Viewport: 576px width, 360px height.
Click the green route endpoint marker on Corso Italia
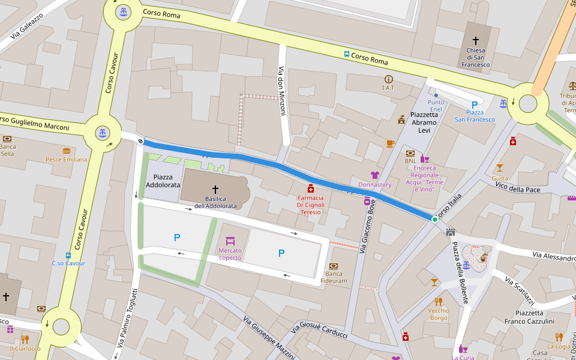click(x=435, y=220)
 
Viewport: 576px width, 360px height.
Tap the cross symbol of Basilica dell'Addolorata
click(x=215, y=190)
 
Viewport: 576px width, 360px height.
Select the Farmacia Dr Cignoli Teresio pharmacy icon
click(x=311, y=188)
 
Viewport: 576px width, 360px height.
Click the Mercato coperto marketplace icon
click(x=230, y=241)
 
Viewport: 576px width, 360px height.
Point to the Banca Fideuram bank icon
click(x=334, y=266)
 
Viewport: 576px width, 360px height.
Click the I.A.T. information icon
click(x=389, y=79)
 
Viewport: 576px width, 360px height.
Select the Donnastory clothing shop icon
click(x=375, y=175)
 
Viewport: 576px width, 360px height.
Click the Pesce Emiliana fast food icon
click(x=67, y=151)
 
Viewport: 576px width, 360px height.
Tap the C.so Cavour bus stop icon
click(x=68, y=254)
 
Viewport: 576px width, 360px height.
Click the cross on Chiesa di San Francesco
click(x=476, y=40)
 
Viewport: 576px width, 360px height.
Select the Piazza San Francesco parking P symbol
click(x=475, y=104)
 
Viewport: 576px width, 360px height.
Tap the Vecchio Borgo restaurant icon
click(x=439, y=302)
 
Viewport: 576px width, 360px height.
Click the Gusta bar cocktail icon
click(x=500, y=168)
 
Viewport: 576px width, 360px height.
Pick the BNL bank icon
click(x=410, y=153)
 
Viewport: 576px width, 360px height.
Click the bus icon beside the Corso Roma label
click(x=347, y=54)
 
